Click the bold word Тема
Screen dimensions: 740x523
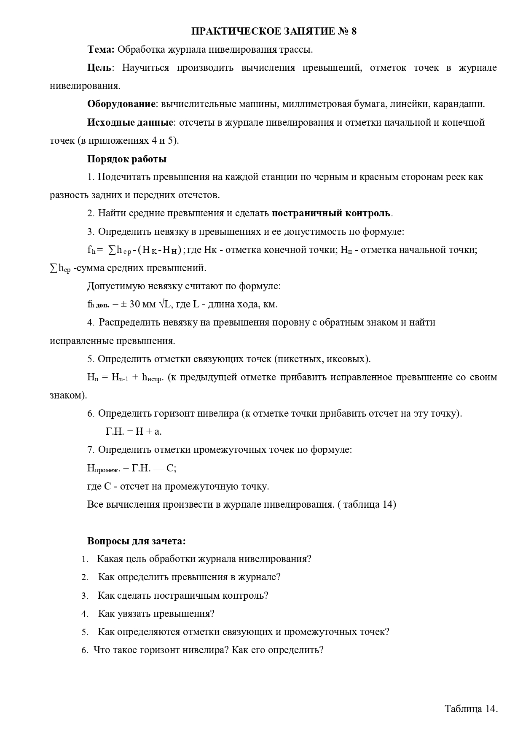point(101,50)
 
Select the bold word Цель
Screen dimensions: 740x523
point(99,68)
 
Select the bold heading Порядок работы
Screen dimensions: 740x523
point(126,159)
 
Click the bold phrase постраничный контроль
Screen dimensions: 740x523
point(331,213)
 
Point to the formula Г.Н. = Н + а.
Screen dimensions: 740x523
point(133,431)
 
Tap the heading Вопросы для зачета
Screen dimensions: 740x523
point(136,541)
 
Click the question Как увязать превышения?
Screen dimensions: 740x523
point(156,614)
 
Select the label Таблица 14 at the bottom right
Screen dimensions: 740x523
point(471,709)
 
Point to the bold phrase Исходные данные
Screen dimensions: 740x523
point(130,123)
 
